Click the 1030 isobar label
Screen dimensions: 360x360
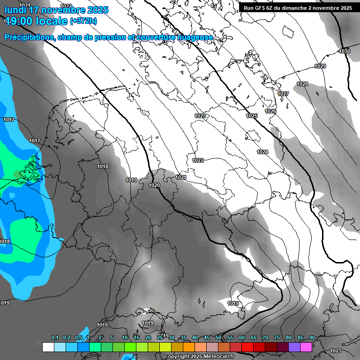[345, 51]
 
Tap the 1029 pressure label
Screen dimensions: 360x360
[320, 66]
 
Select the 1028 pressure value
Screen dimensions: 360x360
[302, 84]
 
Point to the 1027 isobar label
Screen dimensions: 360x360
[283, 94]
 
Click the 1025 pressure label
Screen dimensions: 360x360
[252, 116]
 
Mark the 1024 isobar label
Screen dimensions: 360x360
[262, 152]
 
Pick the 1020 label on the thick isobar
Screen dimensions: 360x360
[154, 186]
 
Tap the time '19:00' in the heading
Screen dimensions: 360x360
[20, 21]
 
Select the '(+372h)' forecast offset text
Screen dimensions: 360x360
[83, 21]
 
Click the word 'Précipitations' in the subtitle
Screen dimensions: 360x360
[29, 37]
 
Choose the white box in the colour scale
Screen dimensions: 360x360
[48, 347]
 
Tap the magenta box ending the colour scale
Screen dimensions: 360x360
[306, 347]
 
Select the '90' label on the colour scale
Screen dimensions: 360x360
[312, 337]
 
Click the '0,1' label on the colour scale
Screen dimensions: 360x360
[54, 337]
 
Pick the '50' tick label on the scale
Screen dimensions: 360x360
[218, 337]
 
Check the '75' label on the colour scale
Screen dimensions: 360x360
[277, 337]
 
